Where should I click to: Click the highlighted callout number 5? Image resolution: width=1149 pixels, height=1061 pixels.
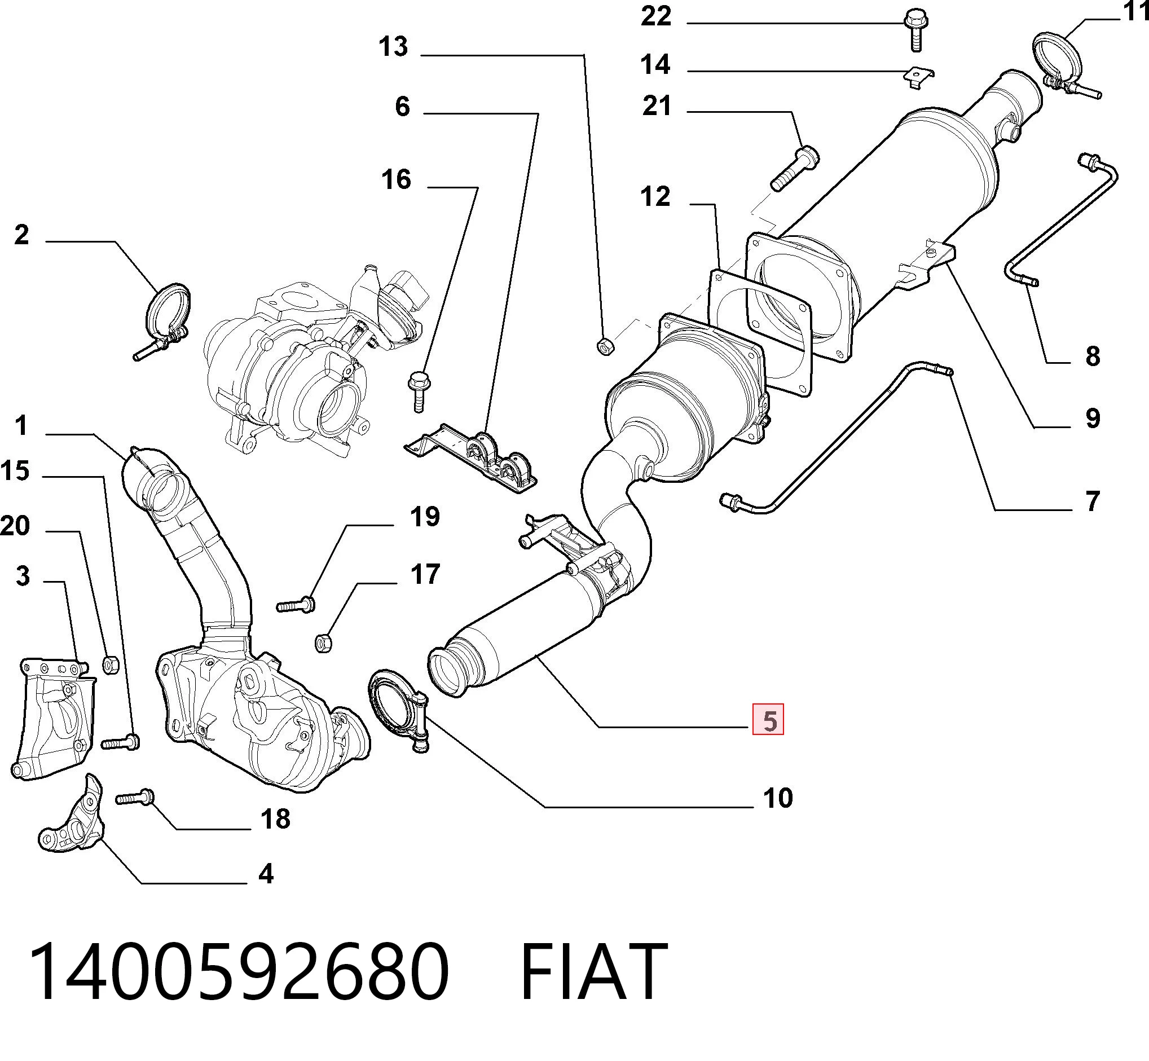tap(768, 720)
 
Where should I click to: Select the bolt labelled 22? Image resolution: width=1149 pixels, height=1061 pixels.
tap(915, 29)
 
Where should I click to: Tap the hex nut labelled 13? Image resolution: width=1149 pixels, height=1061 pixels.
tap(605, 346)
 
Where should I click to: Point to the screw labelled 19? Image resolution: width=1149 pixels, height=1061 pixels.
tap(296, 604)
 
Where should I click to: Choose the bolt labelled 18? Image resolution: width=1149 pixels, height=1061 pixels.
tap(135, 797)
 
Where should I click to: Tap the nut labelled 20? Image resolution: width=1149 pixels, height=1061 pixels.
tap(110, 665)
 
